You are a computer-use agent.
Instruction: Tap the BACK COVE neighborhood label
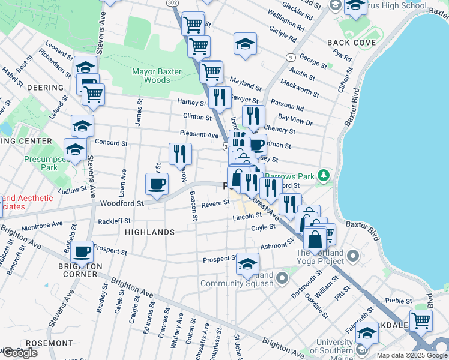(x=352, y=43)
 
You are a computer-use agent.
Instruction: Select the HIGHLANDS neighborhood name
(x=149, y=232)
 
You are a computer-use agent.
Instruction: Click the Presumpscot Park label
(x=48, y=164)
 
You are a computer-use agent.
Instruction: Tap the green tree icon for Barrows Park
(x=324, y=175)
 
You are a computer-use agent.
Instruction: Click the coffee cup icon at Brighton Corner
(x=82, y=251)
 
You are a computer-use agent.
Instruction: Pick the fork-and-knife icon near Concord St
(x=180, y=154)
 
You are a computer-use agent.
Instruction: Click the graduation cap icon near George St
(x=245, y=44)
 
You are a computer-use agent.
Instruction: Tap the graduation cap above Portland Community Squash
(x=247, y=263)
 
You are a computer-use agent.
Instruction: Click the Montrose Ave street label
(x=42, y=227)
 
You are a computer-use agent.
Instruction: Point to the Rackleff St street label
(x=114, y=221)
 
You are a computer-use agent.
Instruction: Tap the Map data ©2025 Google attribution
(x=412, y=355)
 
